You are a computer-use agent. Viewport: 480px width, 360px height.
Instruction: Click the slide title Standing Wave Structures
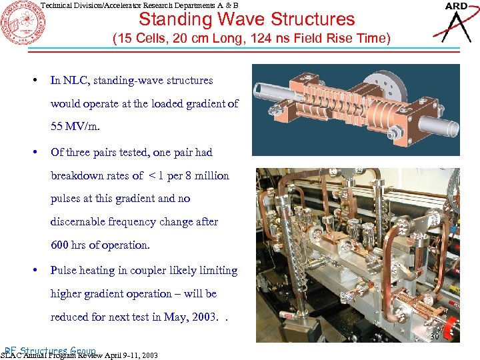pyautogui.click(x=247, y=19)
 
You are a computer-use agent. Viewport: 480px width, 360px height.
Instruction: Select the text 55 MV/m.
pyautogui.click(x=72, y=127)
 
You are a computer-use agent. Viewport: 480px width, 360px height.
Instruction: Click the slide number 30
pyautogui.click(x=434, y=337)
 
